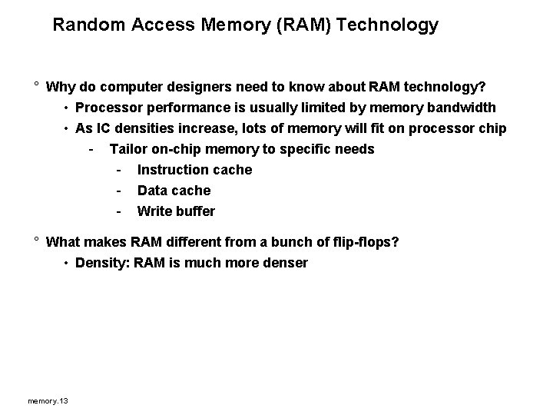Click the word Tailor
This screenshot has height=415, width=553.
point(128,149)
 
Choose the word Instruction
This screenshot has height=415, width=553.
point(173,170)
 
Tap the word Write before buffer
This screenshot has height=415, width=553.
point(154,211)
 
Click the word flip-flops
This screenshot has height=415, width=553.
point(363,243)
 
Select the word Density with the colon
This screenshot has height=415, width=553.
point(102,264)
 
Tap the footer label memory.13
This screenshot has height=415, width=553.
point(48,401)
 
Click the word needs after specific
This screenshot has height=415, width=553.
point(356,149)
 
